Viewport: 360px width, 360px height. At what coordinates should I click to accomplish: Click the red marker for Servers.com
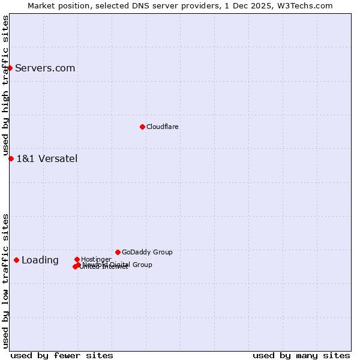tap(10, 68)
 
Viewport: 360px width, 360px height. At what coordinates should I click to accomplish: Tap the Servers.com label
tap(45, 68)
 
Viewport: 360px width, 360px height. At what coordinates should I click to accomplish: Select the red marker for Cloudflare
tap(142, 127)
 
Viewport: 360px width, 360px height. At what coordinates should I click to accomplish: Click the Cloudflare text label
tap(163, 127)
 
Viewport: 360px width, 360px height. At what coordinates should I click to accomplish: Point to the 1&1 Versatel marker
tap(11, 158)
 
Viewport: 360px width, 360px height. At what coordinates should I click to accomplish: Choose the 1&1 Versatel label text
tap(47, 158)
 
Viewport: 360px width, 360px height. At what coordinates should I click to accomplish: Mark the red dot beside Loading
tap(16, 260)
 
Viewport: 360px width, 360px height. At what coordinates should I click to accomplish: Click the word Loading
tap(40, 260)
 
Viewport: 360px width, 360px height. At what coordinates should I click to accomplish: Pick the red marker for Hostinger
tap(77, 259)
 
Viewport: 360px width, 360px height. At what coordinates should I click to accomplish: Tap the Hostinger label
tap(96, 259)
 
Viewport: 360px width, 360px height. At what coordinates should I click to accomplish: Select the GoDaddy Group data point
tap(118, 252)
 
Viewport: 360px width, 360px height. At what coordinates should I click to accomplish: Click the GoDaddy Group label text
tap(147, 252)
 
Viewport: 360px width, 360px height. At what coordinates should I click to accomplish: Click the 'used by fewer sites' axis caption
tap(62, 355)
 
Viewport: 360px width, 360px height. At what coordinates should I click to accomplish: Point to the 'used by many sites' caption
tap(301, 355)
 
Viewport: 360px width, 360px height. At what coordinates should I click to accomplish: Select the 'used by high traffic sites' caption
tap(5, 86)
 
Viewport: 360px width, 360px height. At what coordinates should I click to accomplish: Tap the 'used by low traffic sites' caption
tap(5, 281)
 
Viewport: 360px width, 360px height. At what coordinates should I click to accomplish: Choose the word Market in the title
tap(41, 5)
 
